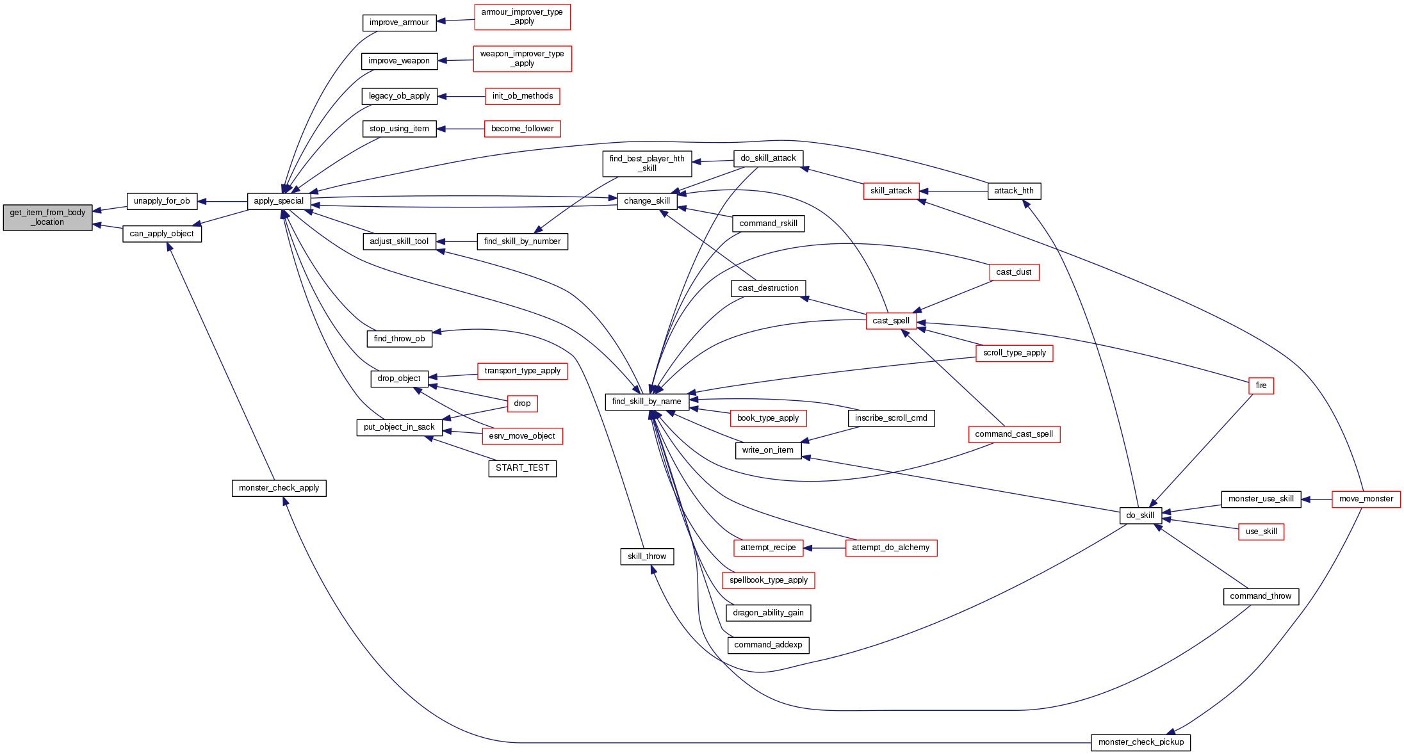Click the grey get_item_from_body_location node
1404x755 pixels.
click(x=47, y=218)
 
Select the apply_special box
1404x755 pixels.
click(x=279, y=201)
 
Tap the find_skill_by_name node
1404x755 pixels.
click(x=646, y=402)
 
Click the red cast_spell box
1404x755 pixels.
click(x=891, y=321)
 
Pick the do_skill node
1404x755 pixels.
click(x=1140, y=516)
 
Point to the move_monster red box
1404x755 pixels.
click(x=1366, y=499)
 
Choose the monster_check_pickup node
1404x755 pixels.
click(x=1140, y=742)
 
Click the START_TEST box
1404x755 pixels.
click(x=522, y=468)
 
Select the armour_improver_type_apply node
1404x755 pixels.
click(x=522, y=17)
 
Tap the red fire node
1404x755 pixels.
click(x=1261, y=386)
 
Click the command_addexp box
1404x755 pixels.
click(x=768, y=645)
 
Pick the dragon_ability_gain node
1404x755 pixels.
click(x=768, y=613)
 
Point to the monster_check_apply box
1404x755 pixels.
click(x=279, y=488)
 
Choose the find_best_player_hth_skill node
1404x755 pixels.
click(x=647, y=163)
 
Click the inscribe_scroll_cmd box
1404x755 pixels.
click(x=890, y=418)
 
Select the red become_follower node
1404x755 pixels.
click(x=522, y=129)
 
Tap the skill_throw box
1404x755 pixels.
click(x=647, y=556)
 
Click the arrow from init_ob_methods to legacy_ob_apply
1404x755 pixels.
click(x=461, y=97)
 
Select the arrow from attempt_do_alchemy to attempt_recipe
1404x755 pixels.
click(x=824, y=548)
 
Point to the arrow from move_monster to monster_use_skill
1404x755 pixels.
click(x=1316, y=499)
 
